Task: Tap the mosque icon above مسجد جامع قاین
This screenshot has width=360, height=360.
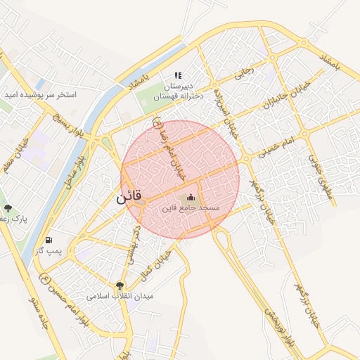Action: (x=191, y=198)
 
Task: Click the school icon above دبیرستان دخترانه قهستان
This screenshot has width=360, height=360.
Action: (x=178, y=75)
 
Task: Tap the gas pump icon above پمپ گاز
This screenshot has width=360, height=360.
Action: (x=49, y=240)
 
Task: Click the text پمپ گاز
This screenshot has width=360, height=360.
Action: (x=49, y=251)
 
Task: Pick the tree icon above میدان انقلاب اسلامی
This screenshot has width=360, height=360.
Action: (x=119, y=285)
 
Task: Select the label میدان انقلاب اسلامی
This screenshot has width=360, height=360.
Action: (x=120, y=297)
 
